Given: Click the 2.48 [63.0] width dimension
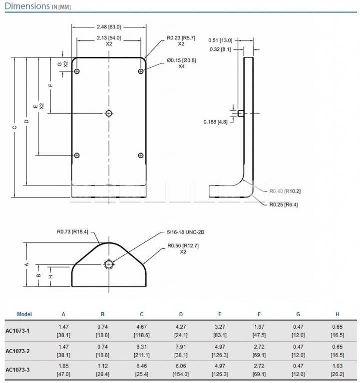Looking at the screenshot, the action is tap(109, 27).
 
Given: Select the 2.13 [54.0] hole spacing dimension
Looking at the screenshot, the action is tap(109, 38).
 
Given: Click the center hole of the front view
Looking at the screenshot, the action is tap(109, 113).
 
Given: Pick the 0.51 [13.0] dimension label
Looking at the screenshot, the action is tap(220, 40).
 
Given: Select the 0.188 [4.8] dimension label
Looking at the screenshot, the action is tap(216, 122).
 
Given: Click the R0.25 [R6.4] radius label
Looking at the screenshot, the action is tap(284, 204).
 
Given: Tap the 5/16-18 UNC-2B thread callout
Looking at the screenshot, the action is tap(186, 232).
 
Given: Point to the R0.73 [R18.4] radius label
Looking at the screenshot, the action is tap(72, 231).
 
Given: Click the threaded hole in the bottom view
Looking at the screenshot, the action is tap(109, 264).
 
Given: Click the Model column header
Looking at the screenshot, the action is tap(24, 314).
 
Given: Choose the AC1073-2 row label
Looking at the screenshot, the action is tap(17, 351).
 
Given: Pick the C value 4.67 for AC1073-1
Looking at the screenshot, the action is tap(142, 327).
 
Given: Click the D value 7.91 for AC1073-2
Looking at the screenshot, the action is tap(181, 347).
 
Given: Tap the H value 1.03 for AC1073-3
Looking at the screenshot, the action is tap(337, 366).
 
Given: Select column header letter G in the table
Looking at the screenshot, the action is tap(298, 314).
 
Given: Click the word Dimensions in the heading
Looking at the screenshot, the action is tap(27, 6).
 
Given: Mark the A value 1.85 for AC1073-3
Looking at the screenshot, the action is tap(63, 366).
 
